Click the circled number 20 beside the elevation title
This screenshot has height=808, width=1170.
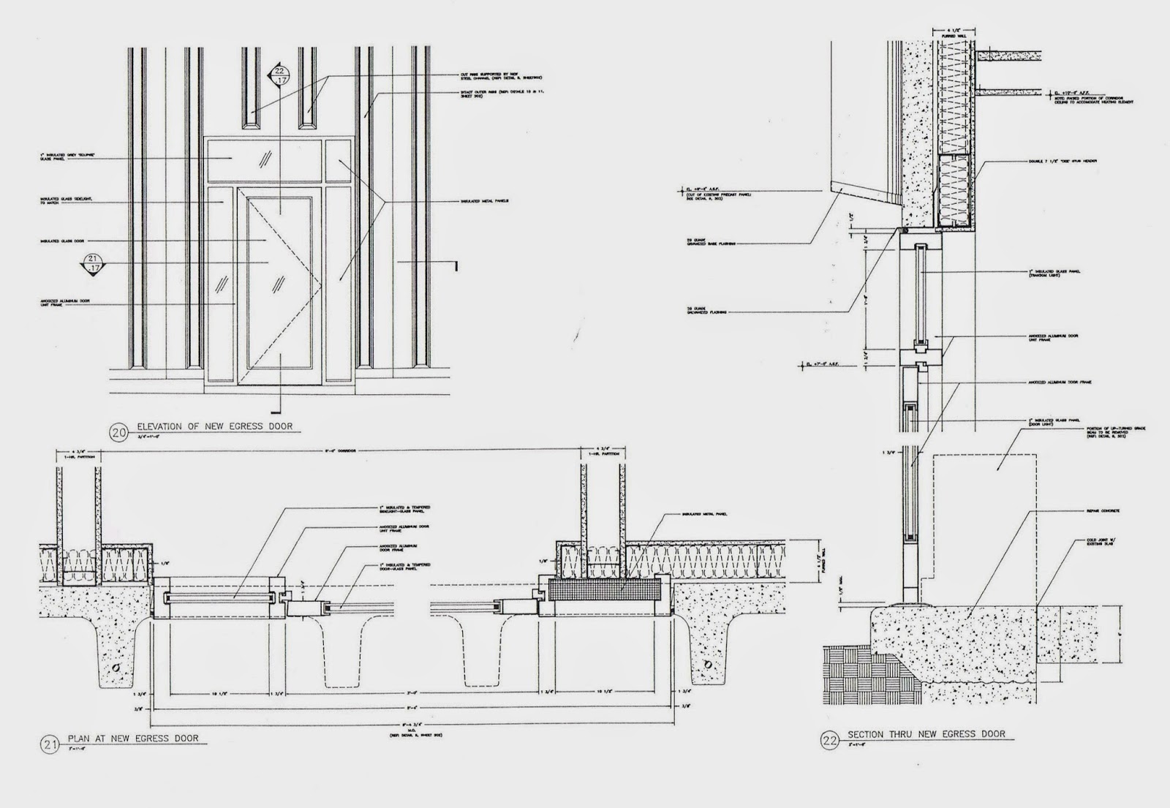click(118, 432)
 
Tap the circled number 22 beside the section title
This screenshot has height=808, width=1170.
click(829, 740)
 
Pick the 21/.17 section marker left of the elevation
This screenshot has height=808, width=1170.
click(94, 263)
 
